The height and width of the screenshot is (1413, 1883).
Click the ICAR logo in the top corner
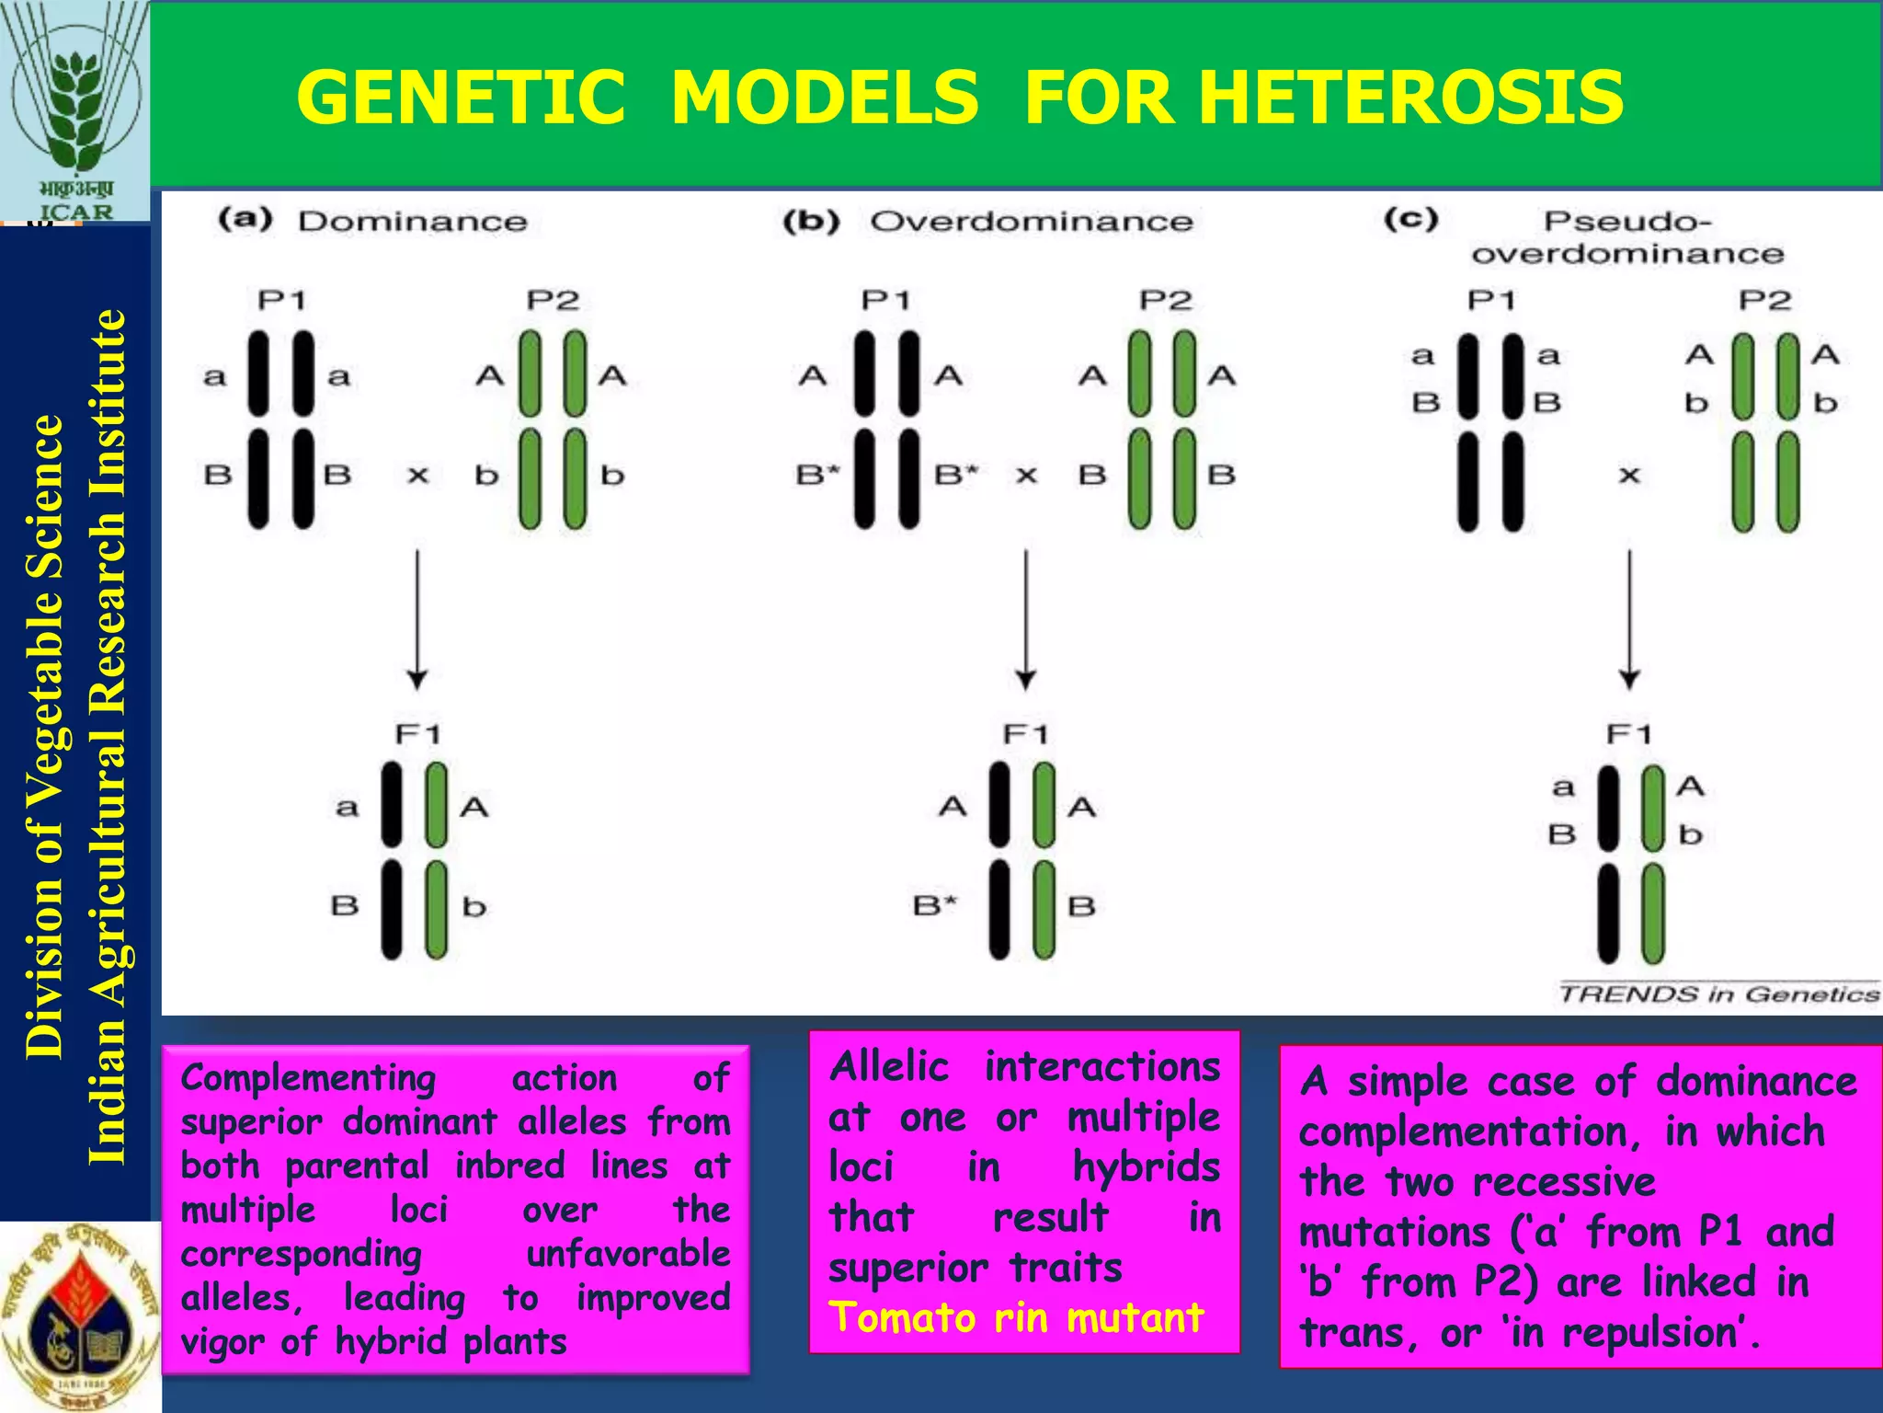click(74, 110)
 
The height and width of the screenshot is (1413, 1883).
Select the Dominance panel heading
click(412, 222)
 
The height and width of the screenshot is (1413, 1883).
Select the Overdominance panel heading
click(1031, 222)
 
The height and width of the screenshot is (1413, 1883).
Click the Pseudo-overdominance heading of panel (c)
click(1626, 237)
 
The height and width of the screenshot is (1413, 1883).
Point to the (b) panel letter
click(811, 222)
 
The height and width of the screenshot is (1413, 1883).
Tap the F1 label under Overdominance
click(1025, 734)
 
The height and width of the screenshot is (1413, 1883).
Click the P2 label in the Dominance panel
click(553, 301)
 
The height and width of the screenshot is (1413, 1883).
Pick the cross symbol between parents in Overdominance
click(1026, 476)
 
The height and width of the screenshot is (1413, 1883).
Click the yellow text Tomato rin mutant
click(1016, 1317)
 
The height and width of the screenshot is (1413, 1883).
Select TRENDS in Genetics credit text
click(1718, 994)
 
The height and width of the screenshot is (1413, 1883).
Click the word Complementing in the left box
click(308, 1078)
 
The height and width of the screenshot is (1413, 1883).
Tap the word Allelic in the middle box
click(888, 1067)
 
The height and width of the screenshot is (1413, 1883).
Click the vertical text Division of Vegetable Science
click(44, 736)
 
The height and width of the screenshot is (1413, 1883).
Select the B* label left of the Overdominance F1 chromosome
click(934, 906)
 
